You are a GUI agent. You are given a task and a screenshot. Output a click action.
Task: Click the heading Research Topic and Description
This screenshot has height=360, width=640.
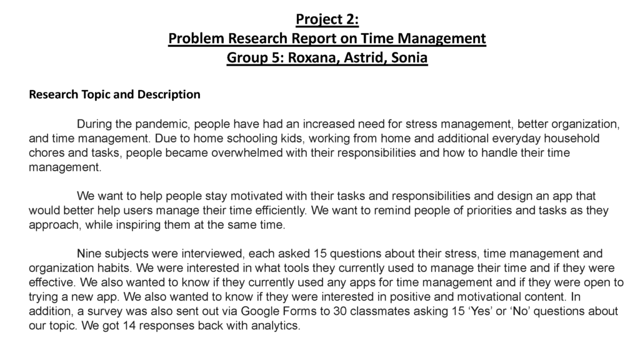coord(114,95)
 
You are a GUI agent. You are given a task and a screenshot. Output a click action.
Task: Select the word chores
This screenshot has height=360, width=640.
coord(45,152)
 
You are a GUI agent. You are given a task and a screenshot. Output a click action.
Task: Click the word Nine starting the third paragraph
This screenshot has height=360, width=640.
coord(88,254)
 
